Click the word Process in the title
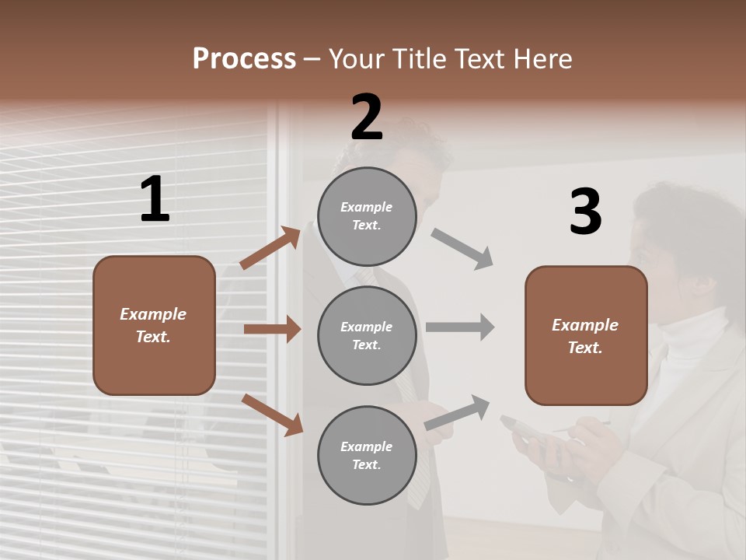click(x=244, y=59)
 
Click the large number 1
click(x=155, y=200)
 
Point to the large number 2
click(x=367, y=117)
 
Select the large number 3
click(x=585, y=212)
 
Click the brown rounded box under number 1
click(x=154, y=325)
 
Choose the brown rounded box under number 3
click(x=586, y=335)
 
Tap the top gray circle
click(x=367, y=216)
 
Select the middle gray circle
click(x=367, y=335)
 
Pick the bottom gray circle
click(x=367, y=455)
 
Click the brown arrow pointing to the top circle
click(x=270, y=248)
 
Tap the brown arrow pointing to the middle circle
click(x=272, y=329)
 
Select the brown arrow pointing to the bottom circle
click(x=272, y=415)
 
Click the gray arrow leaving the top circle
click(x=462, y=249)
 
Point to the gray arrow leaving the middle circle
click(x=460, y=327)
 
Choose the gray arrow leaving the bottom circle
click(x=458, y=413)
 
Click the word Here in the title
click(x=543, y=59)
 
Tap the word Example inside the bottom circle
click(x=367, y=446)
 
